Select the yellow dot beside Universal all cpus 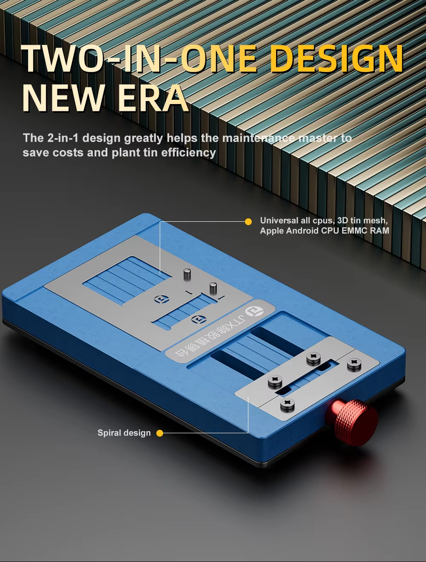(x=248, y=222)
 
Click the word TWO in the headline (x=63, y=58)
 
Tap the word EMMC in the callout (x=354, y=231)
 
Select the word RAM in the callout (x=379, y=231)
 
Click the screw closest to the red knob (x=287, y=404)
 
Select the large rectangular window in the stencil (x=127, y=279)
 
